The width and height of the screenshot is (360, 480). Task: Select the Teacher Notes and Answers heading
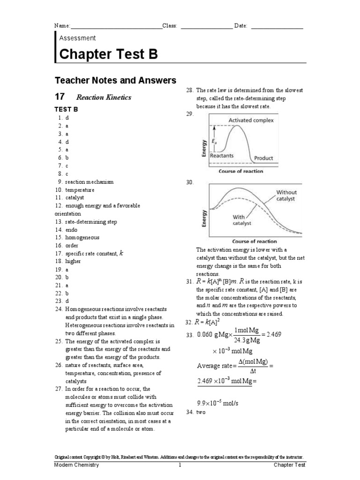coord(115,81)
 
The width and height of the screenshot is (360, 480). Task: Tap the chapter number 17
coord(59,97)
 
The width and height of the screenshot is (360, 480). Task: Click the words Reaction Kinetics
coord(104,97)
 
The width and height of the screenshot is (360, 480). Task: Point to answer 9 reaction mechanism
coord(86,182)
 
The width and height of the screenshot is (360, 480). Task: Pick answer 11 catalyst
coord(75,198)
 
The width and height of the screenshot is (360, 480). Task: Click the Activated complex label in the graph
coord(251,120)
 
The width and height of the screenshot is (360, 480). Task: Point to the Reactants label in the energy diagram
coord(222,156)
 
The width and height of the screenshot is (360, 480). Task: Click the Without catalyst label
coord(286,195)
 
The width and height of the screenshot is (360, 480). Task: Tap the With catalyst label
coord(242,220)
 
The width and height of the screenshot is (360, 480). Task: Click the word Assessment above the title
coord(77,38)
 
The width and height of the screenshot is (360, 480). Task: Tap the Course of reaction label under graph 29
coord(241,172)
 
